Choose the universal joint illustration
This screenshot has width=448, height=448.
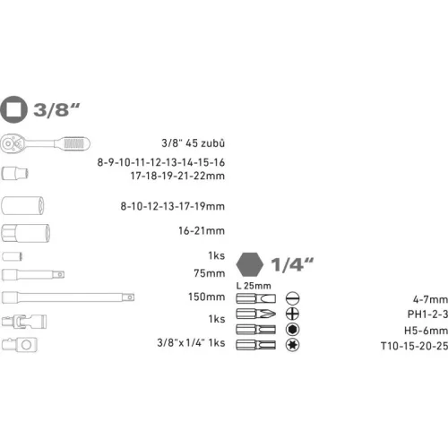(21, 321)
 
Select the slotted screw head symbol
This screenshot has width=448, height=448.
(290, 298)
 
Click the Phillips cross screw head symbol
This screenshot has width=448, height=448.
(290, 314)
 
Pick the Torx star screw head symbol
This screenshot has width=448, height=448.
(290, 343)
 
